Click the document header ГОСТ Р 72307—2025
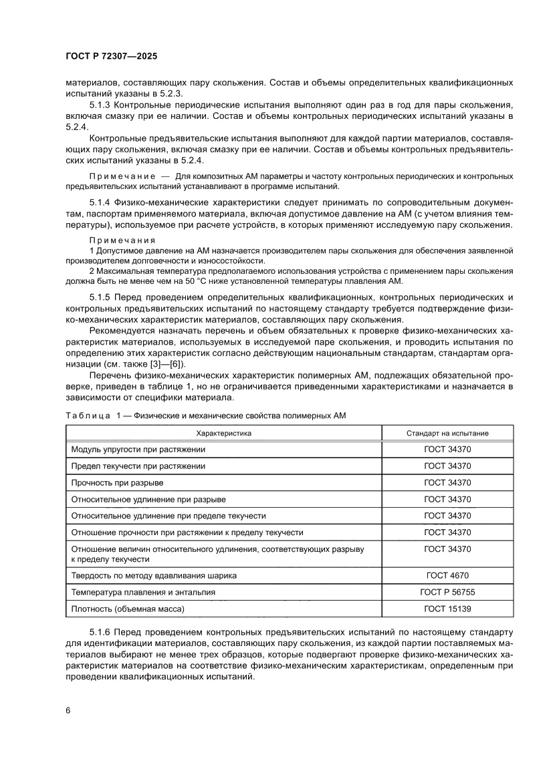[111, 57]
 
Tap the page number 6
[68, 710]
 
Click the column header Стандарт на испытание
[447, 433]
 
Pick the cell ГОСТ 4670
[447, 575]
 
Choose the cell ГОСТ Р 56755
[447, 592]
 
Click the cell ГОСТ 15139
[447, 609]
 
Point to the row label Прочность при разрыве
[117, 482]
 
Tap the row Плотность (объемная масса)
[127, 609]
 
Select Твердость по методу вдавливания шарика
[154, 575]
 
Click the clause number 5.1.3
[101, 106]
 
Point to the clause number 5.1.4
[101, 202]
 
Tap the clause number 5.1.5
[101, 296]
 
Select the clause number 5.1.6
[101, 631]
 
